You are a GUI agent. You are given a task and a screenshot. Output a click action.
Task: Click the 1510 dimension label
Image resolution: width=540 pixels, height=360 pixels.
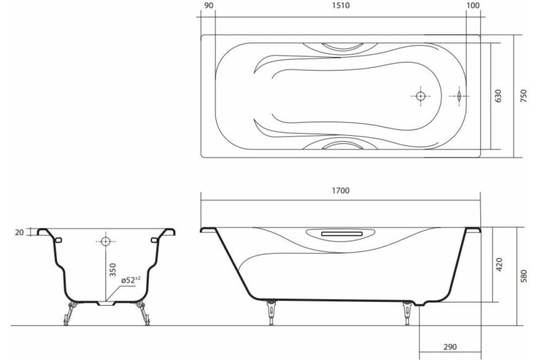point(344,6)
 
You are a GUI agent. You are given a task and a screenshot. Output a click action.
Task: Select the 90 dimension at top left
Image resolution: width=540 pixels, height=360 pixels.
point(210,6)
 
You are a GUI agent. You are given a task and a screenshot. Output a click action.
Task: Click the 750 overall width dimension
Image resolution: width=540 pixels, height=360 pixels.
point(523,96)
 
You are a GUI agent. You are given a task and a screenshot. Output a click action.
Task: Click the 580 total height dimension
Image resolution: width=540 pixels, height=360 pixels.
point(523,275)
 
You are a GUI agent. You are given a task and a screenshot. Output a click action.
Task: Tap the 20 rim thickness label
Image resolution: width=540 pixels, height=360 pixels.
point(18,232)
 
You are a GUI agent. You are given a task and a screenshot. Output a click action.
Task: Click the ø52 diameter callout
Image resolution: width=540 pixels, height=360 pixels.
point(130,280)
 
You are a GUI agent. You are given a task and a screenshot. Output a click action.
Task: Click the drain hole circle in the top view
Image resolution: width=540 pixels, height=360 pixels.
point(421,96)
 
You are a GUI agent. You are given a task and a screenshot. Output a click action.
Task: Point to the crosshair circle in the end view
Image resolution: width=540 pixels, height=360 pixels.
point(105,241)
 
